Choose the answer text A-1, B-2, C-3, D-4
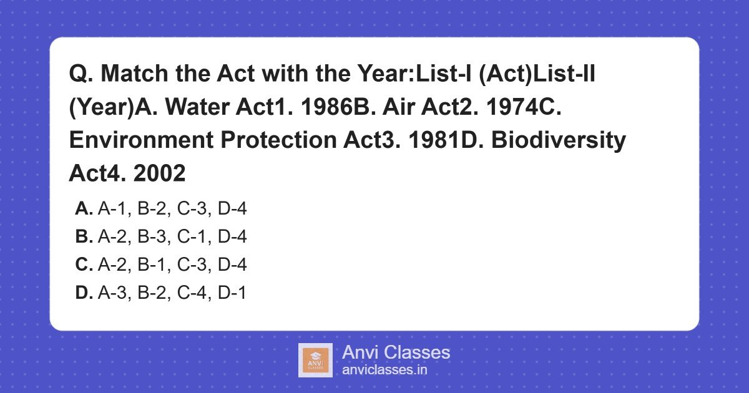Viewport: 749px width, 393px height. (172, 209)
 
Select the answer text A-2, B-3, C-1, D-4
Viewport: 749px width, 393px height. (172, 237)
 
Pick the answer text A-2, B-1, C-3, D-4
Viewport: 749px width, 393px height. (172, 265)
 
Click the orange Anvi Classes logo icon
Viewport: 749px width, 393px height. (315, 360)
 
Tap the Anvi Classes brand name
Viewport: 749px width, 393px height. (396, 352)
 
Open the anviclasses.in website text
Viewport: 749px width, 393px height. (384, 370)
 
